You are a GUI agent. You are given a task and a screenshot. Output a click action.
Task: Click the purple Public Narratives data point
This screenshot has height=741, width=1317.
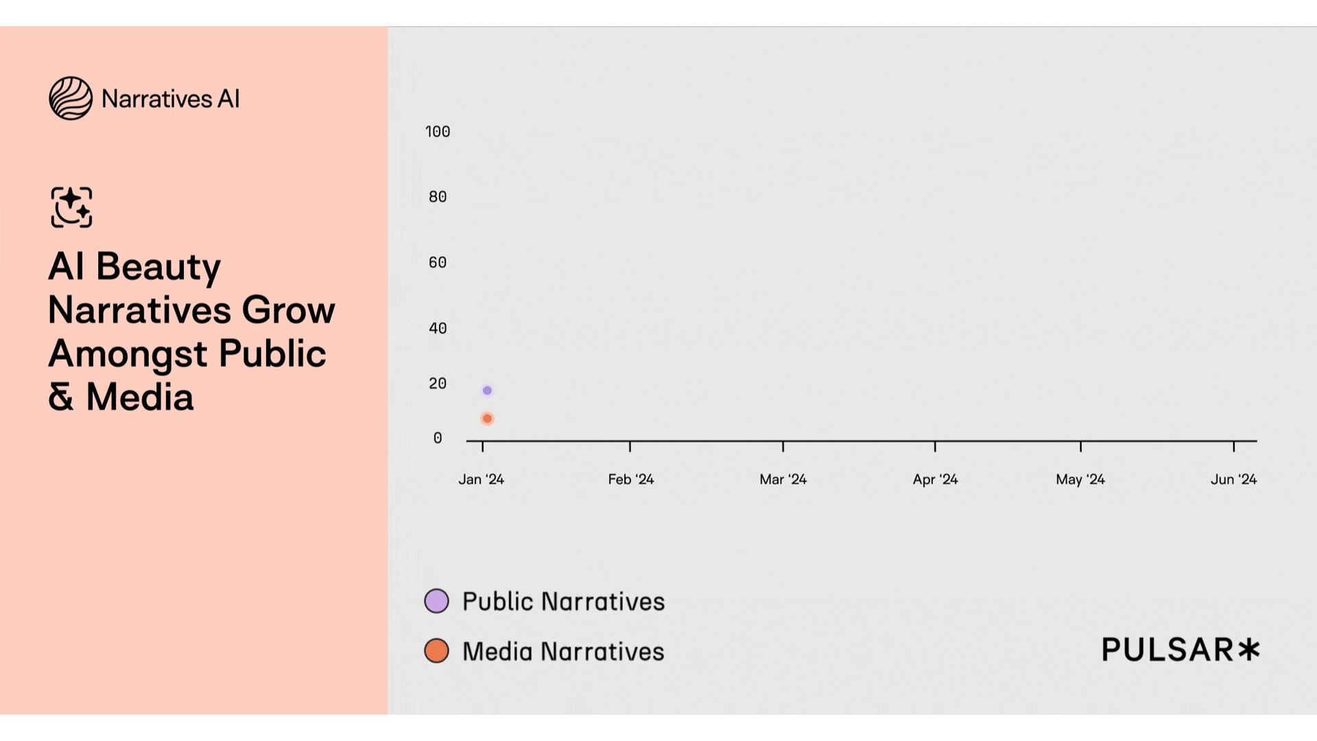[x=487, y=390]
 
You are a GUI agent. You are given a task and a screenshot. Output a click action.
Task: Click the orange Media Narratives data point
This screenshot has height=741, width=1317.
[x=487, y=419]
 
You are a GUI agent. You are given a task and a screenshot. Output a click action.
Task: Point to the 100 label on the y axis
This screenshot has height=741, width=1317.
[x=438, y=132]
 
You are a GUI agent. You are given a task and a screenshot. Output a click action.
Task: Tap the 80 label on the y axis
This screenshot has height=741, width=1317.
[x=438, y=197]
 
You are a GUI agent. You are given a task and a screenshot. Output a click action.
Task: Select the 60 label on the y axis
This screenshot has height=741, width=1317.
[x=438, y=263]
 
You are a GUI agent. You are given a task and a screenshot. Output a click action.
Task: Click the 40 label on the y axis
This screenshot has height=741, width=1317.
[x=438, y=329]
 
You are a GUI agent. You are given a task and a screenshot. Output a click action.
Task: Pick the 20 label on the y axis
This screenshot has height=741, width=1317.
[x=438, y=384]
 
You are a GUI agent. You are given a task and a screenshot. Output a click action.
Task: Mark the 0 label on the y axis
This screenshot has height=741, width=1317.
[x=438, y=438]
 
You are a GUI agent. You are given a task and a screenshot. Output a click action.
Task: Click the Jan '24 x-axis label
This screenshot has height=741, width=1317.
[x=482, y=480]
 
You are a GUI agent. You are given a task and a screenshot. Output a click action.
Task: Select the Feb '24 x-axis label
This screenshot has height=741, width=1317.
[x=631, y=480]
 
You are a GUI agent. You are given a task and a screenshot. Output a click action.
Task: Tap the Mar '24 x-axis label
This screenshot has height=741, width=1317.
[x=783, y=480]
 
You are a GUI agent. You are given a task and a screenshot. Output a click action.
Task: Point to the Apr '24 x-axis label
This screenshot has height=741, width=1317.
[x=936, y=480]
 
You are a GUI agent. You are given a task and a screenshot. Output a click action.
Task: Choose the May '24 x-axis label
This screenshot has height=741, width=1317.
[x=1081, y=480]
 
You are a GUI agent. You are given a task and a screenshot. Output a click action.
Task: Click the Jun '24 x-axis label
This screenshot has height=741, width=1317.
[x=1234, y=480]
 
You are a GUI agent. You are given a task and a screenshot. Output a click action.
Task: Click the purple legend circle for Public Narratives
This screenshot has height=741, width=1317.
[x=437, y=601]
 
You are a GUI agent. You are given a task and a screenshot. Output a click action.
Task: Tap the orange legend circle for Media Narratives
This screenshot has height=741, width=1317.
[x=437, y=650]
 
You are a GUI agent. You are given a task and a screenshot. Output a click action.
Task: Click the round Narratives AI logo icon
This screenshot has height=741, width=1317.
[x=71, y=98]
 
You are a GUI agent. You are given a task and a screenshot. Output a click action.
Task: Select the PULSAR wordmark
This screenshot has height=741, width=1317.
[x=1180, y=650]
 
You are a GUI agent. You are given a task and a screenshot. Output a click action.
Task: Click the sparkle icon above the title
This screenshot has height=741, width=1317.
[x=71, y=207]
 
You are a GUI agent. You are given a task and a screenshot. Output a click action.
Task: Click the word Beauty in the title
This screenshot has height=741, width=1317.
[x=158, y=267]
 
